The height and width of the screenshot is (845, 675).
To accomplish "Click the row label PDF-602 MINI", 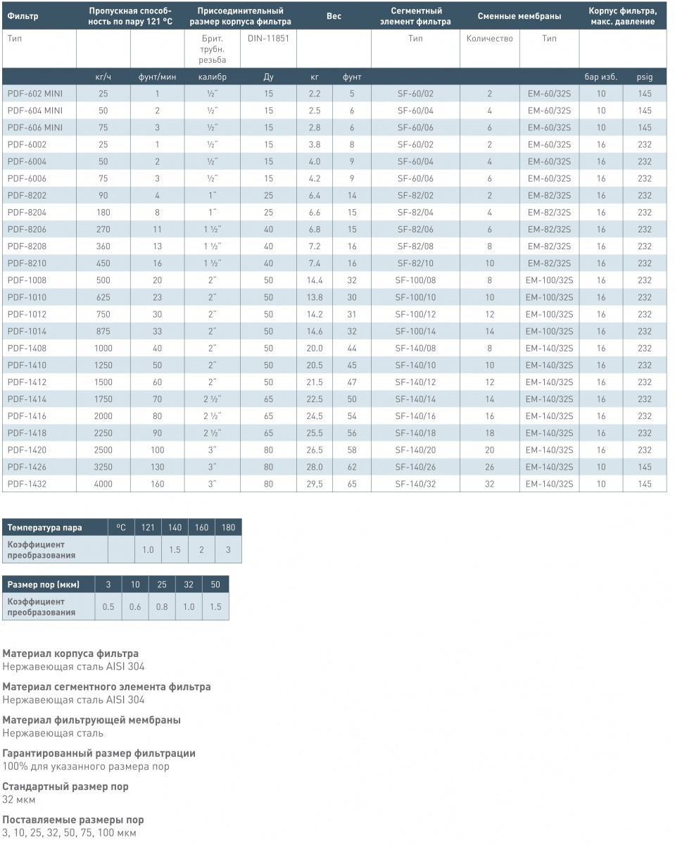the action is click(35, 94).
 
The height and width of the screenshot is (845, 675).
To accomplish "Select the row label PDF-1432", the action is click(27, 484).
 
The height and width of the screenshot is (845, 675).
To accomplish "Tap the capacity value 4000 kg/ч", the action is click(103, 484).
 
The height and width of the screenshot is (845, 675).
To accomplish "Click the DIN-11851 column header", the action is click(268, 39).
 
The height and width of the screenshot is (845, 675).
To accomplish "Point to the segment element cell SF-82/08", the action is click(415, 246).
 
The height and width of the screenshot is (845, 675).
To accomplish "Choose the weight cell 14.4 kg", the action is click(315, 280).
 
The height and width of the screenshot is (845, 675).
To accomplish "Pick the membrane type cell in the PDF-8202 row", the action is click(549, 195).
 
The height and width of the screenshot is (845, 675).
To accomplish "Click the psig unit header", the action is click(645, 77).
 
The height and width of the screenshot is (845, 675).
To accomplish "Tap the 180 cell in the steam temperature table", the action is click(228, 527).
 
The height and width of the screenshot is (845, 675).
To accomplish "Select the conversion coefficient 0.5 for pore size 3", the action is click(108, 607).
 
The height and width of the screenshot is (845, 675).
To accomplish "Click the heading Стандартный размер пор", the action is click(65, 787).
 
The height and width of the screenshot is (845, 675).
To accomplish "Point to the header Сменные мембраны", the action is click(519, 16).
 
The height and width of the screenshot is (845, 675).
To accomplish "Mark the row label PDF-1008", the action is click(27, 280).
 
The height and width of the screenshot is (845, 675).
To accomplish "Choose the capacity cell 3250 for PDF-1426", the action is click(103, 467).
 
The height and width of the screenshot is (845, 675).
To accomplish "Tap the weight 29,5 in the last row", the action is click(315, 484).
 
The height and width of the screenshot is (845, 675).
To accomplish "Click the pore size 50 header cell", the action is click(215, 584).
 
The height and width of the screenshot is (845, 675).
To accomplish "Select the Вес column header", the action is click(334, 16).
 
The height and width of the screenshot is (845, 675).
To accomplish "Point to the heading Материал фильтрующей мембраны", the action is click(92, 720).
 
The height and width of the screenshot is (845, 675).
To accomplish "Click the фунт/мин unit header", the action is click(157, 77).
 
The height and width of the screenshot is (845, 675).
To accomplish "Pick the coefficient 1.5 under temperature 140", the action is click(175, 550).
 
